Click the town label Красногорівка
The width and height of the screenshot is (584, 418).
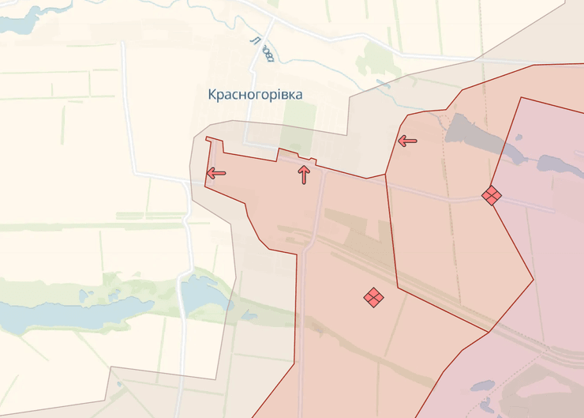255,95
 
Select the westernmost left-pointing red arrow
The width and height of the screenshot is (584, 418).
215,173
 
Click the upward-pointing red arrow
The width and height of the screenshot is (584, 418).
304,175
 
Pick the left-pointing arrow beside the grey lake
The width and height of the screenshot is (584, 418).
407,141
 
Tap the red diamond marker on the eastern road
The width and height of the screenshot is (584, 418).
492,195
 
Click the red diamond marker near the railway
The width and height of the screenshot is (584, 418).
373,297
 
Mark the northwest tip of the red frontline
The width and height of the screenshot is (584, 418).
207,139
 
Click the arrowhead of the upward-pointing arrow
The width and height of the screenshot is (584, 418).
304,168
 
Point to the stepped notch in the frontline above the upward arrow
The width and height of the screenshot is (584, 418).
296,153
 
